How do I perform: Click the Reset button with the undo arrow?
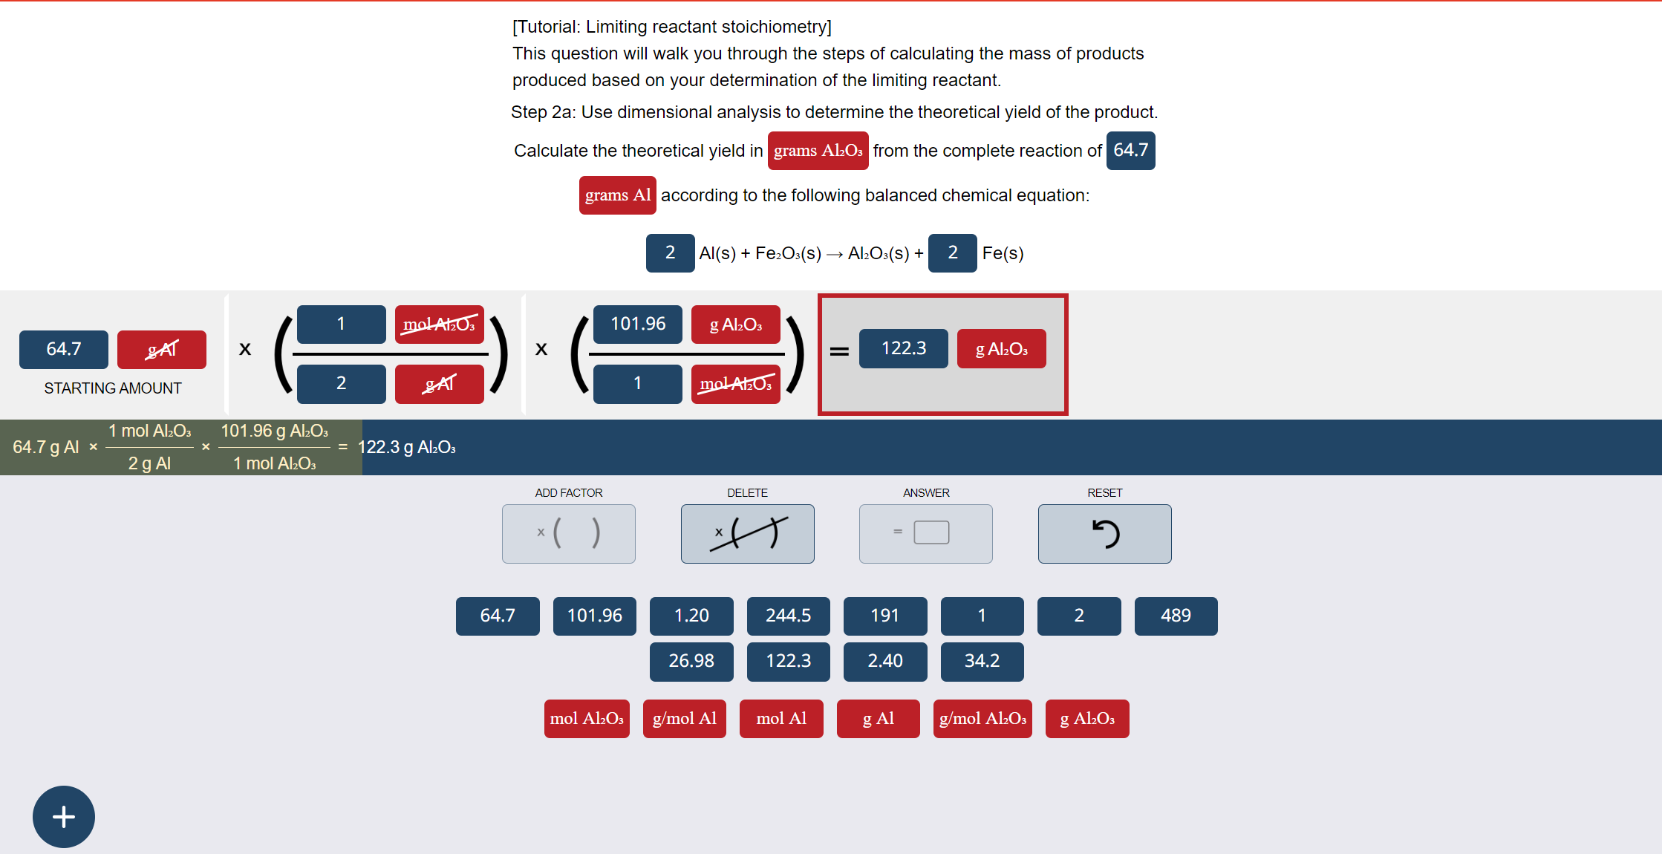(1104, 534)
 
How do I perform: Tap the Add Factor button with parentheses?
(569, 534)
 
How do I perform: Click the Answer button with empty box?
(926, 534)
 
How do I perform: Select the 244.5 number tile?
(788, 616)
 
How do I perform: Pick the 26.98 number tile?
(691, 661)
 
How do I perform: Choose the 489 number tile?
(1176, 616)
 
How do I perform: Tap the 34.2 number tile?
(982, 661)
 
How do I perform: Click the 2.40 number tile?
(885, 661)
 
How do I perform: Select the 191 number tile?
(885, 616)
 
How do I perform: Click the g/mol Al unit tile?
(684, 719)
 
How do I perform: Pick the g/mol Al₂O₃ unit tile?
(982, 719)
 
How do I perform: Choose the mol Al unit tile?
(781, 719)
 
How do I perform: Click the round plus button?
(64, 817)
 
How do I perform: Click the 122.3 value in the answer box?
(903, 348)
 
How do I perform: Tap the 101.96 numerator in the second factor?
(637, 324)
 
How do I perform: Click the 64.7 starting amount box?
(64, 349)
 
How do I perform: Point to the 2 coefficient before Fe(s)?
(952, 253)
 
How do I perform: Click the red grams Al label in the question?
(617, 195)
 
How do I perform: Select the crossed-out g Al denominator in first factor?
(439, 384)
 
